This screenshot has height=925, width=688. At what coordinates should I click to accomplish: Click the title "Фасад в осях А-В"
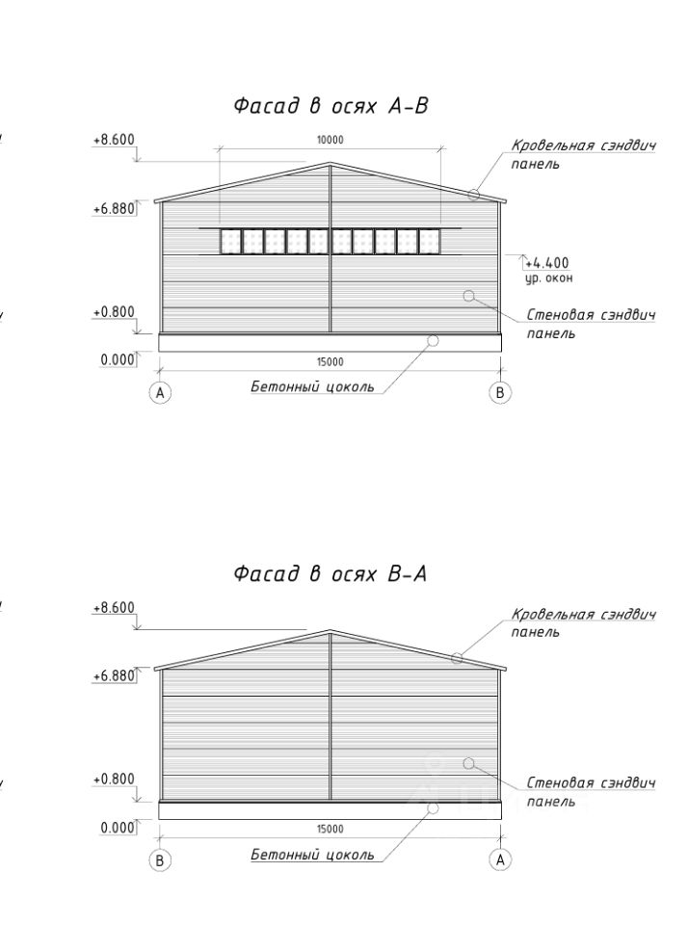click(331, 107)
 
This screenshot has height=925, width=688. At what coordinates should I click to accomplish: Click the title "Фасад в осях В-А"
click(331, 575)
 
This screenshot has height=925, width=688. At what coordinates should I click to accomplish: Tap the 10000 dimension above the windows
click(330, 140)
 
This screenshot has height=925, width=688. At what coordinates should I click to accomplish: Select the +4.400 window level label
click(549, 262)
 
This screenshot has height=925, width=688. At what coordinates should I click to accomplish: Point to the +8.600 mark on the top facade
click(114, 140)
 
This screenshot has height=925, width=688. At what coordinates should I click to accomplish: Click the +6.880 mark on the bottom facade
click(114, 676)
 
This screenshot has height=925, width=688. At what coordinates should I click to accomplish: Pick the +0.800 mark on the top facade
click(114, 312)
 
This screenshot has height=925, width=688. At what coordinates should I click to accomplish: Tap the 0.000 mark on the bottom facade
click(118, 828)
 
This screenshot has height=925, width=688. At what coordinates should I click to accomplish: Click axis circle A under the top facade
click(160, 392)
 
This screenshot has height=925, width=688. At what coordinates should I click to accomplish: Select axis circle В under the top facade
click(500, 392)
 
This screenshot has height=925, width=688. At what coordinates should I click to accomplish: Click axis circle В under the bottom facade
click(160, 859)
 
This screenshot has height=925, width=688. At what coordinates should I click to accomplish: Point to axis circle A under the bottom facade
click(500, 859)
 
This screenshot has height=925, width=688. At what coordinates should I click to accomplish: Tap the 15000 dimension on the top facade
click(330, 362)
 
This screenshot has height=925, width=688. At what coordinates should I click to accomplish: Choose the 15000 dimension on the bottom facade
click(330, 829)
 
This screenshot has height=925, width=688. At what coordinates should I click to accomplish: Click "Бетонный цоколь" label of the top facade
click(312, 387)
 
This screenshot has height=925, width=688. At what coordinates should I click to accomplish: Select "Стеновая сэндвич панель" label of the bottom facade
click(590, 791)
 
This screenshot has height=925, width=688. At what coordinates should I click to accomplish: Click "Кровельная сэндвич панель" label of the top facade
click(583, 154)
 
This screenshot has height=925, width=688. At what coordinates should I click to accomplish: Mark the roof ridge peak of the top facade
click(331, 164)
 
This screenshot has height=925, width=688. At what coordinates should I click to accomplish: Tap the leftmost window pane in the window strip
click(230, 241)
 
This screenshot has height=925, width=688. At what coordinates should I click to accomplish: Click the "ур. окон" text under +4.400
click(549, 278)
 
